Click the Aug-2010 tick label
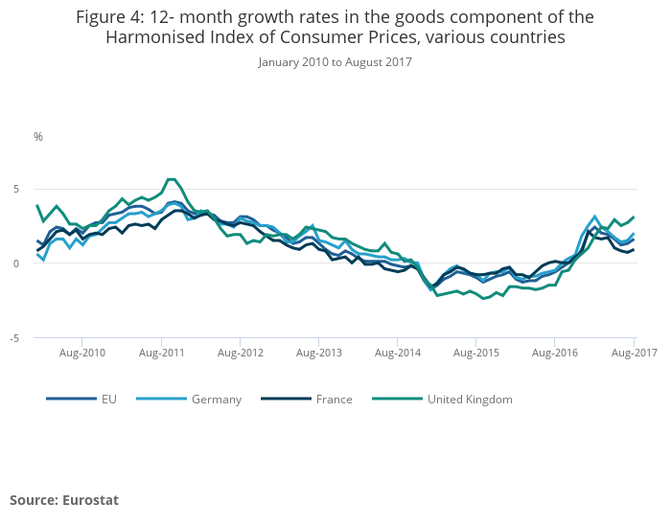coord(81,354)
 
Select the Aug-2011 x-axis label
coord(161,354)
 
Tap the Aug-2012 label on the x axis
coord(240,354)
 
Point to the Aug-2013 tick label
coord(318,354)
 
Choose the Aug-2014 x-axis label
coord(397,354)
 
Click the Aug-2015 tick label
coord(476,354)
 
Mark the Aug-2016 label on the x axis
coord(555,354)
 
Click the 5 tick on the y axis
coord(15,189)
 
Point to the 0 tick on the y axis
coord(16,263)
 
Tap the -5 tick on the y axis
coord(14,338)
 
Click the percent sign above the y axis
coord(38,137)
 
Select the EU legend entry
coord(109,400)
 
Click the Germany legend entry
coord(216,400)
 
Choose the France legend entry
coord(334,400)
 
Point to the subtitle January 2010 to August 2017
coord(335,62)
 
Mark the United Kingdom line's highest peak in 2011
coord(171,179)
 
